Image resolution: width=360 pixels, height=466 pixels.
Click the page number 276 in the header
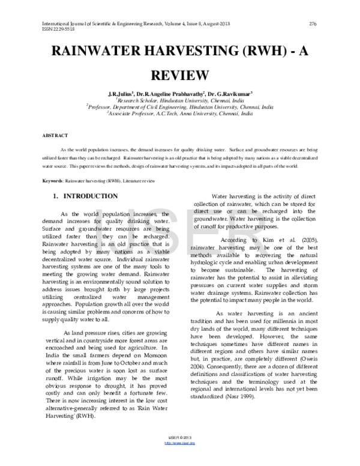(312, 23)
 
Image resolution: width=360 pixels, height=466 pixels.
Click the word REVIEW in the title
(179, 75)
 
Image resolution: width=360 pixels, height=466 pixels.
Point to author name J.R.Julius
(121, 94)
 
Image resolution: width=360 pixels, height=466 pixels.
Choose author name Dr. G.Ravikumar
(231, 94)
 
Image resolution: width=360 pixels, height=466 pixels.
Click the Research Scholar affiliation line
(179, 101)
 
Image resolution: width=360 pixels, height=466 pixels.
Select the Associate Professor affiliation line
(179, 112)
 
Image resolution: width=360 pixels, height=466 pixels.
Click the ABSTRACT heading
(55, 136)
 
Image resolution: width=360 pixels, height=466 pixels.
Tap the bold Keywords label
(53, 180)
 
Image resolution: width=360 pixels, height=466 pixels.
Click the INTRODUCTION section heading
(90, 196)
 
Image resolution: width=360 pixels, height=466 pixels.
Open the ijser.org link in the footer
(179, 460)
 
